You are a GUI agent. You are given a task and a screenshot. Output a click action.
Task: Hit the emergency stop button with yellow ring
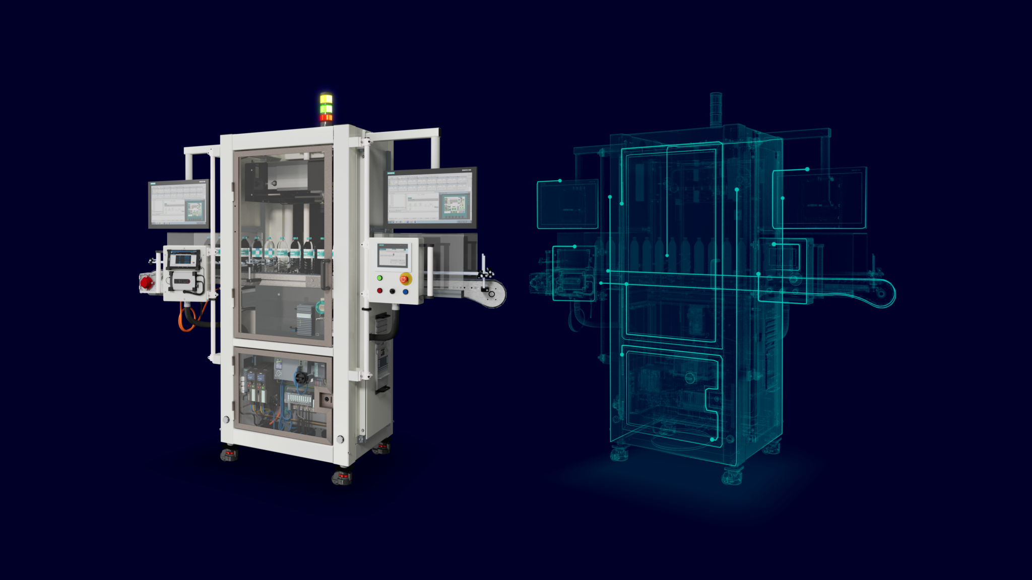point(405,278)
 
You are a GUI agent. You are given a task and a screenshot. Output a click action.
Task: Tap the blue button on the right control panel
point(406,292)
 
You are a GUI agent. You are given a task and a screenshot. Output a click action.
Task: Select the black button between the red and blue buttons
point(393,291)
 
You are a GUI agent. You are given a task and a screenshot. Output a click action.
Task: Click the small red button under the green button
point(379,291)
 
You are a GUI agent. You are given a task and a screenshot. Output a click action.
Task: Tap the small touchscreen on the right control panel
point(393,255)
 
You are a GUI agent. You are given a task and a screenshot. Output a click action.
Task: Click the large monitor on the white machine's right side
point(432,197)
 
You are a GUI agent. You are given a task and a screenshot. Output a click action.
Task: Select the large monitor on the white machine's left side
point(178,204)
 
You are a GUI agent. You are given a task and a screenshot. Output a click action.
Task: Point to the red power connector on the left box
point(147,283)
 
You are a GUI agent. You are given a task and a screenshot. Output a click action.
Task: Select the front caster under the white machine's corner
point(342,476)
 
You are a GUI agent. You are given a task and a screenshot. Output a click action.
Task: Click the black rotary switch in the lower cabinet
point(301,377)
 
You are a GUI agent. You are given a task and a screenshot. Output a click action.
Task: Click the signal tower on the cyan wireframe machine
point(716,109)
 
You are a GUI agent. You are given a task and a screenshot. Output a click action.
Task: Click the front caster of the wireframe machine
point(732,475)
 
